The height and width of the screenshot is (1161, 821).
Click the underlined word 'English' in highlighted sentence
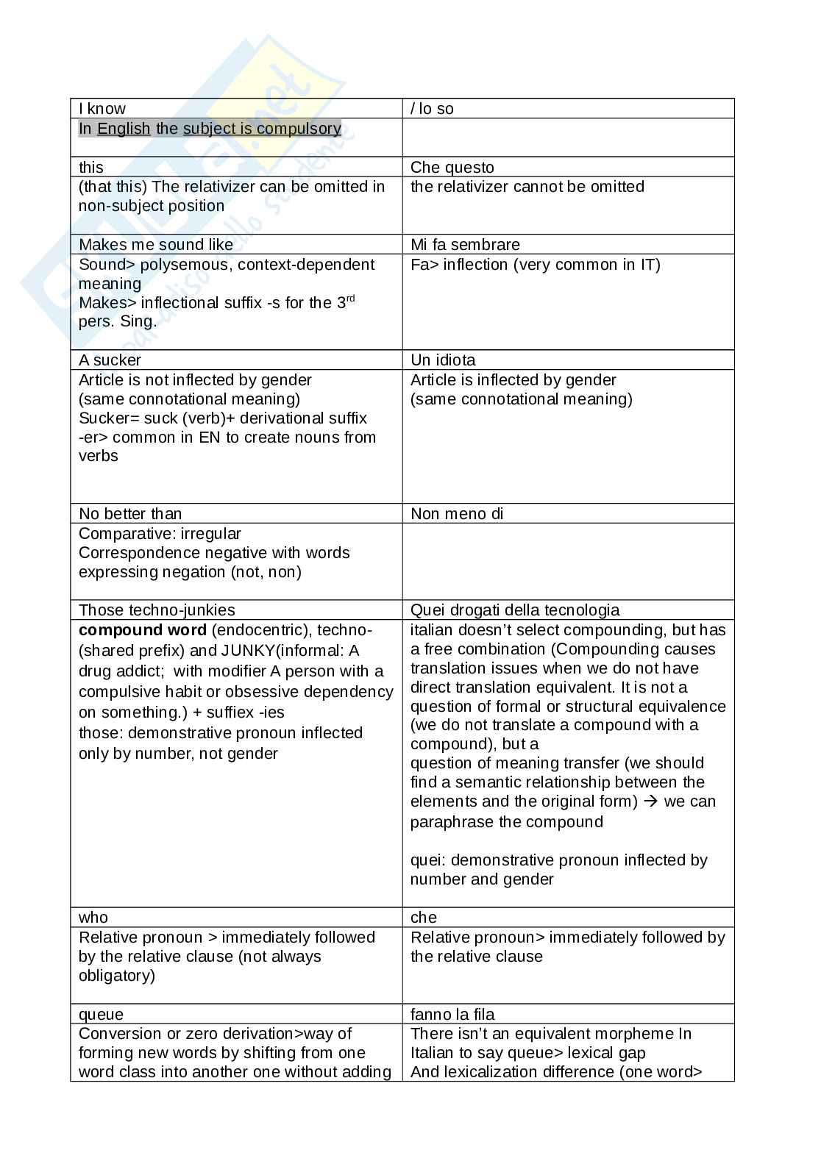coord(124,129)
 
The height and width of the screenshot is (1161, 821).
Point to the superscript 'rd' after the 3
coord(350,299)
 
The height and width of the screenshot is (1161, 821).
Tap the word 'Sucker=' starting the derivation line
coord(104,418)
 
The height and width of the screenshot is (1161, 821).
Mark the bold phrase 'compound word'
coord(143,630)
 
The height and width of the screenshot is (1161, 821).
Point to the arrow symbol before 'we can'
coord(650,801)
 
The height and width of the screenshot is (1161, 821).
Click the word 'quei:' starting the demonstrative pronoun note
coord(428,860)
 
